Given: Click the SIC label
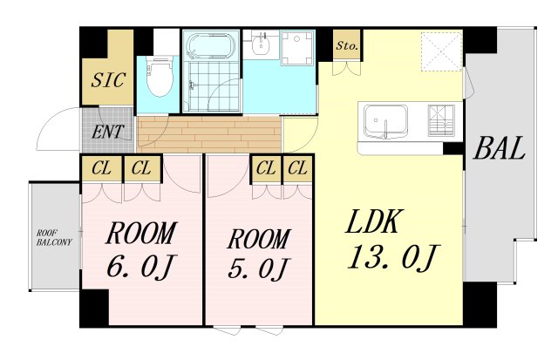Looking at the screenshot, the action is (x=108, y=80).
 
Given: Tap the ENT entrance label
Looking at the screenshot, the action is (x=108, y=132).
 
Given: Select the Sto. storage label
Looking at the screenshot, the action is (x=347, y=46).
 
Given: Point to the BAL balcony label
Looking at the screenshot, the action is (x=500, y=147).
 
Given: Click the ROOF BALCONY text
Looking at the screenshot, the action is (x=54, y=238).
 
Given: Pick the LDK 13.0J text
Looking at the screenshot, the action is (x=391, y=240).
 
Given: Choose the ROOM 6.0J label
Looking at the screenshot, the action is (x=141, y=249).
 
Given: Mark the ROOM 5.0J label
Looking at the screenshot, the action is (x=259, y=254).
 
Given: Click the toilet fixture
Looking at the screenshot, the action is (x=160, y=76).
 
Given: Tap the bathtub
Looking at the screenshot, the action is (x=211, y=46).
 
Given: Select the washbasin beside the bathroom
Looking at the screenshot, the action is (x=262, y=44).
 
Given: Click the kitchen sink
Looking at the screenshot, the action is (x=385, y=120).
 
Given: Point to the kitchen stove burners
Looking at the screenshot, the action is (x=441, y=120).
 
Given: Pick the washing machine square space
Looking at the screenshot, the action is (x=296, y=48).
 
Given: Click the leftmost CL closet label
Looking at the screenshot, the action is (x=101, y=168).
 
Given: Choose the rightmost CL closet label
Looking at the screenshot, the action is (x=297, y=167).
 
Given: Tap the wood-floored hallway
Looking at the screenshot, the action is (x=209, y=133).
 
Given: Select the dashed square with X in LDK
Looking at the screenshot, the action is (x=441, y=51).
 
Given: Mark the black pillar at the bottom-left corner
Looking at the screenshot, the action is (x=94, y=308).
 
